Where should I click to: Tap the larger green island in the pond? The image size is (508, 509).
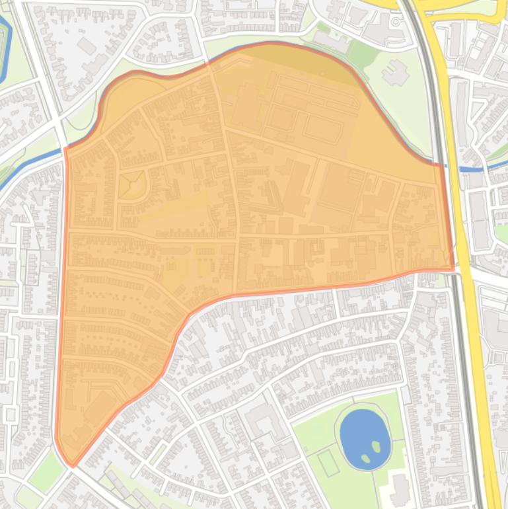click(x=377, y=446)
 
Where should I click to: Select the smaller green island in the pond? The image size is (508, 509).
click(x=365, y=458)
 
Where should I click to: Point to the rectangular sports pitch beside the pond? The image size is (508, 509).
click(x=328, y=462)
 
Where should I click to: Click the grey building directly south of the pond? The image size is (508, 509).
click(x=400, y=489)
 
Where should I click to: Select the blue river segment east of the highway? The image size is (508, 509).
click(x=472, y=169)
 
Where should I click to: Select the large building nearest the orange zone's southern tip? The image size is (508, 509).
click(x=99, y=407)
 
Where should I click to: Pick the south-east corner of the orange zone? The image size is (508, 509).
click(x=453, y=268)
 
